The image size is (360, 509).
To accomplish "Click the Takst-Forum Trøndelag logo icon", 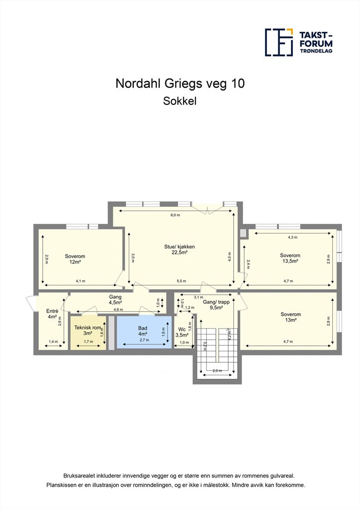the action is click(x=279, y=42).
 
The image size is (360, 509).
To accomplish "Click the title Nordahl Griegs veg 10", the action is click(x=180, y=84).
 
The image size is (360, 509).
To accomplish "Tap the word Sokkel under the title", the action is click(x=180, y=101).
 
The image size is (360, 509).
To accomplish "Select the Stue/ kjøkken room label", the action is click(x=180, y=250).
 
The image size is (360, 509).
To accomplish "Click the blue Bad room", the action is click(x=144, y=332).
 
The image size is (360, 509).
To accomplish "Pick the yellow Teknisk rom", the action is click(x=88, y=333).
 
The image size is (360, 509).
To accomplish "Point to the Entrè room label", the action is click(x=52, y=314).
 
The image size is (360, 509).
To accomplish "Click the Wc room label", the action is click(x=182, y=332).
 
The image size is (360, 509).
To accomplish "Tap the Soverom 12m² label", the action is click(x=75, y=259).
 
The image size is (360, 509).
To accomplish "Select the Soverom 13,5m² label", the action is click(x=290, y=258).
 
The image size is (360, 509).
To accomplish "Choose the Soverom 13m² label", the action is click(x=290, y=317).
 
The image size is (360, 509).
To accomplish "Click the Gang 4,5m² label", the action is click(x=115, y=300).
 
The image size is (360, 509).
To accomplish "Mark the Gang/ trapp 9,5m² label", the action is click(x=216, y=305).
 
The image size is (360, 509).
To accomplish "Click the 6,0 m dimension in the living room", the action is click(x=176, y=215).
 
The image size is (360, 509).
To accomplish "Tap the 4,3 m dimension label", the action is click(x=292, y=237).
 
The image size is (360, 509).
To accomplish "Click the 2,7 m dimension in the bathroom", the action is click(x=145, y=340).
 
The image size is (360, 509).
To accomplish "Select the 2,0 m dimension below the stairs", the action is click(x=217, y=371).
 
